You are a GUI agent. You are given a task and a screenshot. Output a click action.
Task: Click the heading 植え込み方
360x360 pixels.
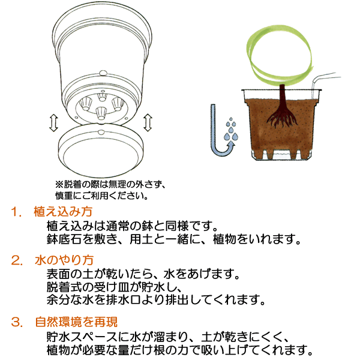[x=63, y=213]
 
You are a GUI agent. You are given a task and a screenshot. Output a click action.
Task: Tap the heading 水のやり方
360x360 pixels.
[x=63, y=261]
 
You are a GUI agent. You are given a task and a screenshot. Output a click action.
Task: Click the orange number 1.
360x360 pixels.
[x=15, y=213]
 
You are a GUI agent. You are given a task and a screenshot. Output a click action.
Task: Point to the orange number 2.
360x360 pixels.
[x=16, y=261]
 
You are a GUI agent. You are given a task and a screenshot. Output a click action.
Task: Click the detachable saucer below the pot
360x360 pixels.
[x=100, y=150]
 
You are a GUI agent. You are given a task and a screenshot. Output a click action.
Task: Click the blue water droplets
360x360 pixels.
[x=231, y=128]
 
